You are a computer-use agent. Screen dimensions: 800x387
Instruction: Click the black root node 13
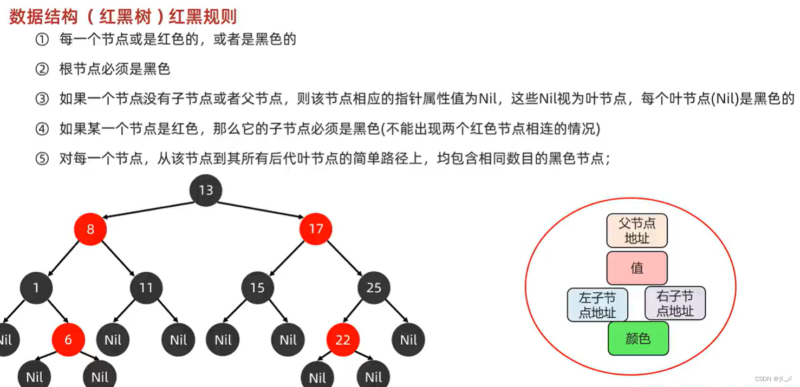click(206, 191)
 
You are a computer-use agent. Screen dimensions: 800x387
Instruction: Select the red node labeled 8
click(90, 229)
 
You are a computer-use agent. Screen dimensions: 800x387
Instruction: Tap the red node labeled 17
click(316, 229)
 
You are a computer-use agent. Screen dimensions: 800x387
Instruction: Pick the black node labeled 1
click(36, 287)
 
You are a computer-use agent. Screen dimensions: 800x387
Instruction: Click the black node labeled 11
click(146, 287)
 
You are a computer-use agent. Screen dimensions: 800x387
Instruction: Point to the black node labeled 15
click(257, 287)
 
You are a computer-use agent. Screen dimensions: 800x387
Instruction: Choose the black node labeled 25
click(374, 287)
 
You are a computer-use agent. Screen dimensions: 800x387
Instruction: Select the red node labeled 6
click(68, 340)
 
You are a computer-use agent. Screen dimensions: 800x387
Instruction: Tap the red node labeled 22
click(343, 340)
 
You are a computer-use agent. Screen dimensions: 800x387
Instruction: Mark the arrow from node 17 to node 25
click(344, 258)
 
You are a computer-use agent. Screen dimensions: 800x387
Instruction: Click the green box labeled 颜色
click(638, 339)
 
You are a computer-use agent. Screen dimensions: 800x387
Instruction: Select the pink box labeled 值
click(636, 268)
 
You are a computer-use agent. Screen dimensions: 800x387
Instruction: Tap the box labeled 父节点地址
click(636, 231)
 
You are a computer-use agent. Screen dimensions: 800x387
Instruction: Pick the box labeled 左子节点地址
click(597, 305)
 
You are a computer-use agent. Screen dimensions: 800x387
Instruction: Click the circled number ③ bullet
click(42, 99)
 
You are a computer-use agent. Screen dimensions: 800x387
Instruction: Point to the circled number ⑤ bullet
click(42, 159)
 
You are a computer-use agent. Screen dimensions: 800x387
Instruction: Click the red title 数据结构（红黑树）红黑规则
click(123, 16)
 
